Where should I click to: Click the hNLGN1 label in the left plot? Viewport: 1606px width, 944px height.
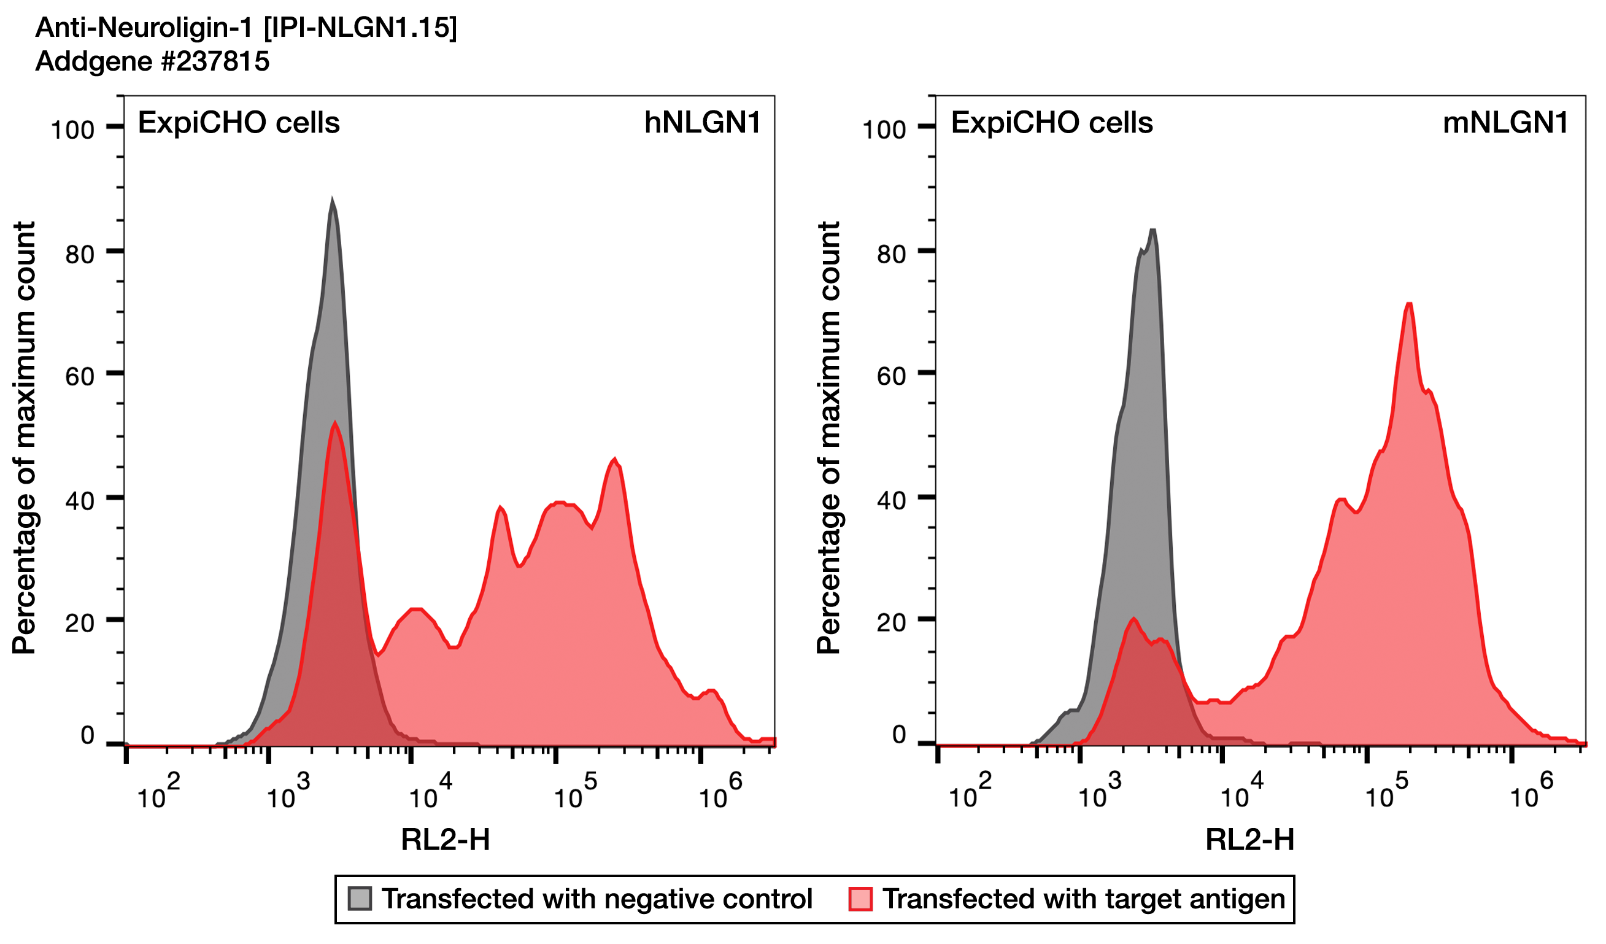702,122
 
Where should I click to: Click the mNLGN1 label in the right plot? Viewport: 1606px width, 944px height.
1505,122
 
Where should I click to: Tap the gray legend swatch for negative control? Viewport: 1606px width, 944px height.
360,899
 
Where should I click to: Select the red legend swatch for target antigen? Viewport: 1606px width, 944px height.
860,899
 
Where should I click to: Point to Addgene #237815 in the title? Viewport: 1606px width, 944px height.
152,61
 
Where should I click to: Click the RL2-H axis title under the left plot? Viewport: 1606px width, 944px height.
446,840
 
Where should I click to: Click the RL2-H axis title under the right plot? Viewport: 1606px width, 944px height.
1249,840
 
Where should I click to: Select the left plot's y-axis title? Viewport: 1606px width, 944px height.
24,438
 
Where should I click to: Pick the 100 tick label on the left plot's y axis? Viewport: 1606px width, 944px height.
72,130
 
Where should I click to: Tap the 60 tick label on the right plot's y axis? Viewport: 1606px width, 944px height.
891,376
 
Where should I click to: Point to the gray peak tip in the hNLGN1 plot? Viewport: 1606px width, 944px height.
332,200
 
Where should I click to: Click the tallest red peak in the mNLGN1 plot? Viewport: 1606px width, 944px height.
1409,304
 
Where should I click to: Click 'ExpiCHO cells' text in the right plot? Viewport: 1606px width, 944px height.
1052,122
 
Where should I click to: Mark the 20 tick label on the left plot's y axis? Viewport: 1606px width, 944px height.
80,623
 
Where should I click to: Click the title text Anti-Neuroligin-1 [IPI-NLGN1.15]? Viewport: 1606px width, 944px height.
246,28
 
